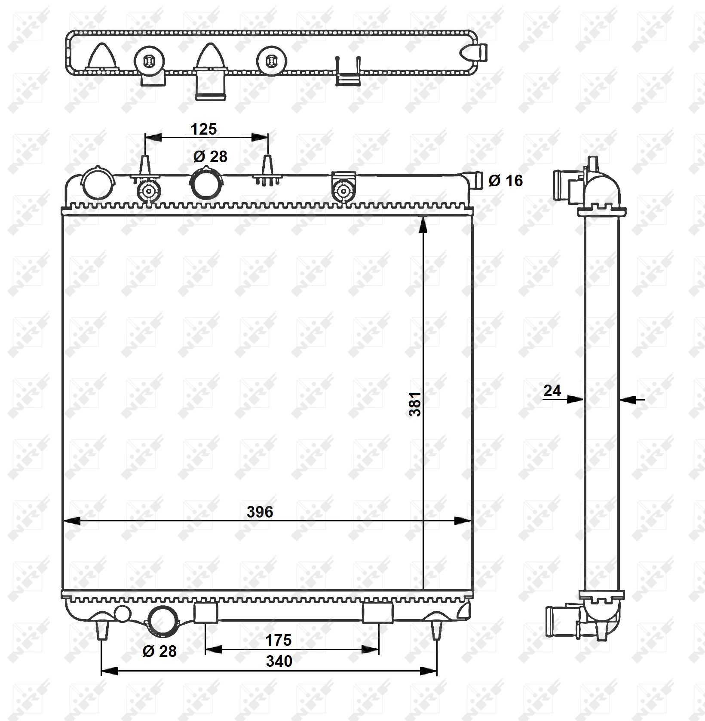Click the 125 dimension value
tap(204, 129)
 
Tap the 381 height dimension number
tap(415, 404)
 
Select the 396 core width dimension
tap(260, 512)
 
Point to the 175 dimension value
tap(279, 640)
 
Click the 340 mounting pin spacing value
tap(279, 661)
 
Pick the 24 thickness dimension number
tap(552, 391)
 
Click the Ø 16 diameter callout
tap(506, 181)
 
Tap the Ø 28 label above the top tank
tap(210, 157)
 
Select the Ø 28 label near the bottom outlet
tap(159, 651)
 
